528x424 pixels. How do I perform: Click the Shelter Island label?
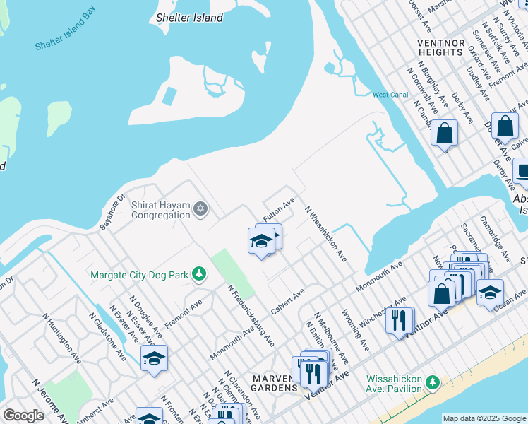click(x=189, y=18)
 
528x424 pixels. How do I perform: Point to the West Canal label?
click(x=390, y=95)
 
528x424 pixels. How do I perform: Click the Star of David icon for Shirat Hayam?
click(x=200, y=208)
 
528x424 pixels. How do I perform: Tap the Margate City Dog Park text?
click(x=141, y=274)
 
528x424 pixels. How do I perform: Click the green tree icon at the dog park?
click(x=200, y=273)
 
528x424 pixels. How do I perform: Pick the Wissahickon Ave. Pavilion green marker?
click(x=431, y=382)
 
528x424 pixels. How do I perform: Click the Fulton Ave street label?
click(x=279, y=211)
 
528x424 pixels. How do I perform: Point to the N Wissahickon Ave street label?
click(x=325, y=234)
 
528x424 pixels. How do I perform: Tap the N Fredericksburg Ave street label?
click(x=251, y=316)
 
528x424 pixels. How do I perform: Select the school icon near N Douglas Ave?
click(x=154, y=358)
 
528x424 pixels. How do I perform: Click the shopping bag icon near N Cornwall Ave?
click(x=444, y=133)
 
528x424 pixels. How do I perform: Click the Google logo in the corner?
click(x=23, y=416)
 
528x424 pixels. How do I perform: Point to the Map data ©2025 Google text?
click(x=484, y=418)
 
